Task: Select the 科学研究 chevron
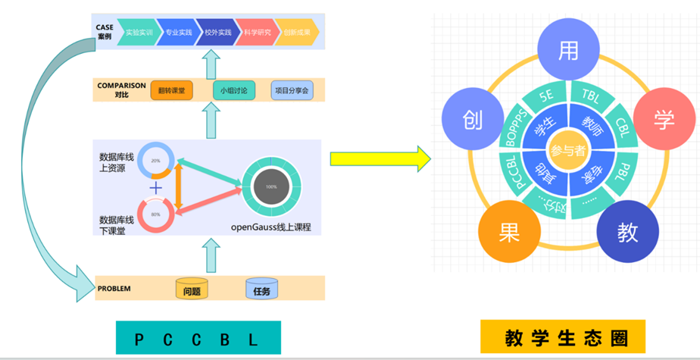[x=255, y=33]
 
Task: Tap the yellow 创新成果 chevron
[x=295, y=33]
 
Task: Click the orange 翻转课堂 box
[x=172, y=91]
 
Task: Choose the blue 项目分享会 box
[x=292, y=91]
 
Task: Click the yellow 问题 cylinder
[x=192, y=289]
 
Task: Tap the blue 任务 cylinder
[x=261, y=289]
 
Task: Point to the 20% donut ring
[x=156, y=161]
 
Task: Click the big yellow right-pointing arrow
[x=379, y=159]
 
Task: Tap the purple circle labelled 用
[x=568, y=51]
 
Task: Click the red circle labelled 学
[x=664, y=119]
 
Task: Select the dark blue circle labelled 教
[x=628, y=233]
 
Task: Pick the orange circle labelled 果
[x=509, y=233]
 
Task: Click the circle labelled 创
[x=473, y=121]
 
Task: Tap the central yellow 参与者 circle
[x=568, y=152]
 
